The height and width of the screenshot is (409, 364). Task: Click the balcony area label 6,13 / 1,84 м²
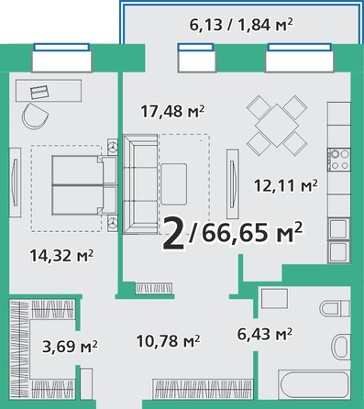coord(241,25)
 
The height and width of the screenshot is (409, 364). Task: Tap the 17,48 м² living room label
coord(172,112)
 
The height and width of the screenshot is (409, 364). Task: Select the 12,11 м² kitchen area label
coord(286,185)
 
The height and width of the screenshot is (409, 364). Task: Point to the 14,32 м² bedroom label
coord(61,256)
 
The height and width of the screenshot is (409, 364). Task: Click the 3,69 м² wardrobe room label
coord(70,347)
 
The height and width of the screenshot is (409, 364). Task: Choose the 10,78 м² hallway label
coord(168,341)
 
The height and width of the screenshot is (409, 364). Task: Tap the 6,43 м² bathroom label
coord(265,334)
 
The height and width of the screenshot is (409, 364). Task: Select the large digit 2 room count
coord(174,233)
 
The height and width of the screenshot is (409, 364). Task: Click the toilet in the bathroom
coord(335,308)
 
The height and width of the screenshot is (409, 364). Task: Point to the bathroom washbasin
coord(341,347)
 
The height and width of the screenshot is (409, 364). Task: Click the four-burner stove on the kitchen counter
coord(339,160)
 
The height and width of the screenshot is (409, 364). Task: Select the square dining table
coord(277,126)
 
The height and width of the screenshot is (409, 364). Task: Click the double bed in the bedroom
coord(84,185)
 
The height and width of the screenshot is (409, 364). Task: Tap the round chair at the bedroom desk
coord(35,116)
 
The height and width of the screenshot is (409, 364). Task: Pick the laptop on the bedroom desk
coord(39,92)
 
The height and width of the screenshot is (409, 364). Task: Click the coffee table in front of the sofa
coord(174,184)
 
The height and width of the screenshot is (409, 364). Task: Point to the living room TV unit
coord(233,183)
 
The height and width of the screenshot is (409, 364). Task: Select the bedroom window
coord(61,58)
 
